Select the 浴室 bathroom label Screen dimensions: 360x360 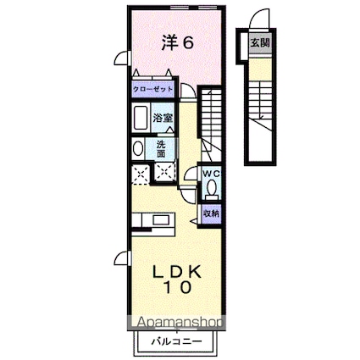(163, 119)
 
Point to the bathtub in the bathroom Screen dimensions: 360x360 (141, 119)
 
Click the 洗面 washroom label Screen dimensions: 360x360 (161, 148)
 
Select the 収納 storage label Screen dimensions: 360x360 (212, 213)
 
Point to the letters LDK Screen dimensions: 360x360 (177, 271)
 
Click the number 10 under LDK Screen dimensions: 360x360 (177, 289)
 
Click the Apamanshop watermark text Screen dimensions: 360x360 (174, 323)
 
